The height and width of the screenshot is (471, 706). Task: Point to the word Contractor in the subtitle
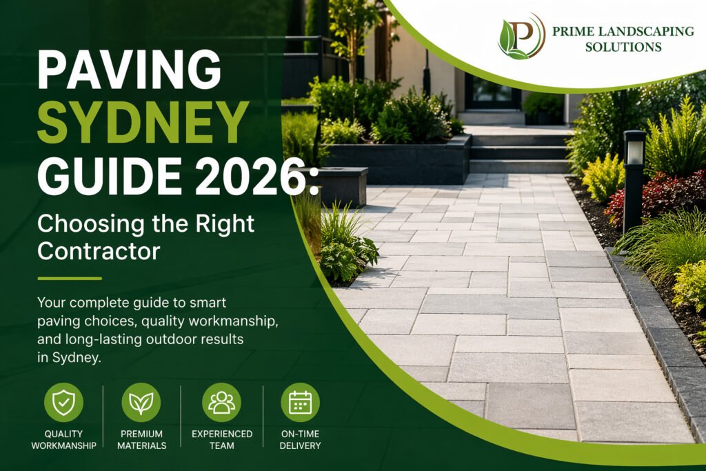point(99,250)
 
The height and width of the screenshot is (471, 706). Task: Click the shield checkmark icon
point(63,402)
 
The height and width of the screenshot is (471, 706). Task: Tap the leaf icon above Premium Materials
point(141,402)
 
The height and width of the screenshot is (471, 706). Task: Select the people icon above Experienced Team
point(221,402)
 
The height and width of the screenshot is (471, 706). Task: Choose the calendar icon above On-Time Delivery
point(300,402)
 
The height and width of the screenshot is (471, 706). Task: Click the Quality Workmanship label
point(63,439)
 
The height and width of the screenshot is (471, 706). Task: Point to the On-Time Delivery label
point(300,439)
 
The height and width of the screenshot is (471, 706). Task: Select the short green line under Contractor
point(70,279)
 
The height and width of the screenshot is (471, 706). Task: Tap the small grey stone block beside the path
point(343,185)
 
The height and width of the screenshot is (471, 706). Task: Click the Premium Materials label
point(141,439)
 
